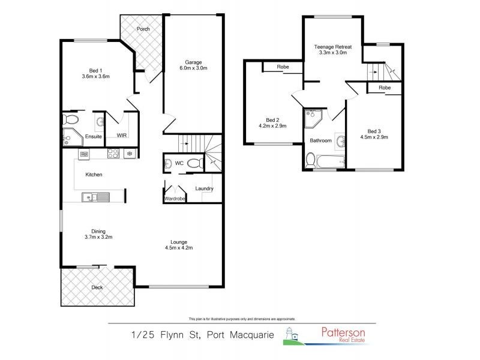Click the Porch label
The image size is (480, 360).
pyautogui.click(x=143, y=29)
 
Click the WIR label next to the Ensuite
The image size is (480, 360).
pyautogui.click(x=122, y=136)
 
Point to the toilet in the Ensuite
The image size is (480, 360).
pyautogui.click(x=69, y=119)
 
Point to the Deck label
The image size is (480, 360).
pyautogui.click(x=97, y=287)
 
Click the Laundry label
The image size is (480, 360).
pyautogui.click(x=204, y=189)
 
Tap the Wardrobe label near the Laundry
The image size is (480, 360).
pyautogui.click(x=174, y=198)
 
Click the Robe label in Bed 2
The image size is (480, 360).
pyautogui.click(x=283, y=67)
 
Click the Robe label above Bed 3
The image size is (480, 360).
pyautogui.click(x=385, y=88)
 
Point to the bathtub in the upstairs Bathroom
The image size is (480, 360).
pyautogui.click(x=328, y=161)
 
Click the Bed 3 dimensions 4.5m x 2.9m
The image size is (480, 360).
pyautogui.click(x=374, y=137)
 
